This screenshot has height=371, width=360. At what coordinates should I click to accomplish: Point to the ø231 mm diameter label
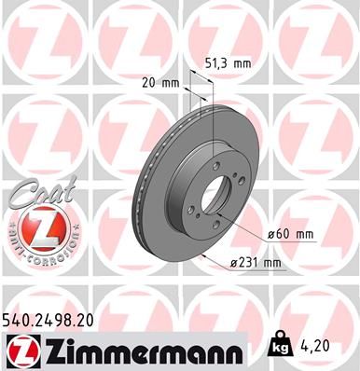[257, 263]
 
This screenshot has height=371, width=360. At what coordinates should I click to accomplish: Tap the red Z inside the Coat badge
[33, 227]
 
